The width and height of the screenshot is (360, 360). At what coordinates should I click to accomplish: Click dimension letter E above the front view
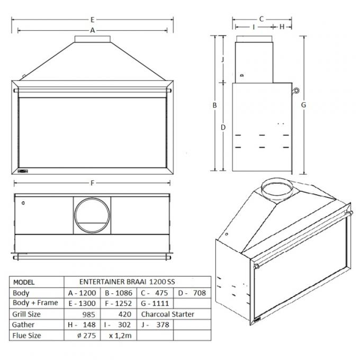[x=92, y=19]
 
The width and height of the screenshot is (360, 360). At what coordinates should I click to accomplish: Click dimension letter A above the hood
[x=93, y=30]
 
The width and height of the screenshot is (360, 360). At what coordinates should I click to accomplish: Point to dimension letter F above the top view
[x=93, y=183]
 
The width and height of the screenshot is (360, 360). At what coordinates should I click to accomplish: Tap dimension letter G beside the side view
[x=304, y=105]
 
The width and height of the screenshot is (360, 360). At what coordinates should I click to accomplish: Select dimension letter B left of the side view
[x=215, y=105]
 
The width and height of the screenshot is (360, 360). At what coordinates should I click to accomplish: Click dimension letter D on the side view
[x=223, y=127]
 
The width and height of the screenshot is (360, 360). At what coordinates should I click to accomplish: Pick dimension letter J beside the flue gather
[x=223, y=59]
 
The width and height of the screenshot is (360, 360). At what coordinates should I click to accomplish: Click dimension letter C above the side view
[x=261, y=19]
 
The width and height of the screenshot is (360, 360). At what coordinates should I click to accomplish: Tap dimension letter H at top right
[x=282, y=26]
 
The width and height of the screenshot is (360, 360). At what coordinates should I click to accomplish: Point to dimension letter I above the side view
[x=254, y=26]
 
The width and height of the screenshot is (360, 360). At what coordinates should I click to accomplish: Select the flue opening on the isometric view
[x=277, y=188]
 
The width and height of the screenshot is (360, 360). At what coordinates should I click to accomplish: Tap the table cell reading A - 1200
[x=82, y=293]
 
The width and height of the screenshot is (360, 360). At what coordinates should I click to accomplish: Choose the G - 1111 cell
[x=155, y=303]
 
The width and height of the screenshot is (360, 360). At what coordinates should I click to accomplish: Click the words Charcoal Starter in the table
[x=168, y=314]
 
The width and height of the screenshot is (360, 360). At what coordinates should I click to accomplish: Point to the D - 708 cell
[x=192, y=293]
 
